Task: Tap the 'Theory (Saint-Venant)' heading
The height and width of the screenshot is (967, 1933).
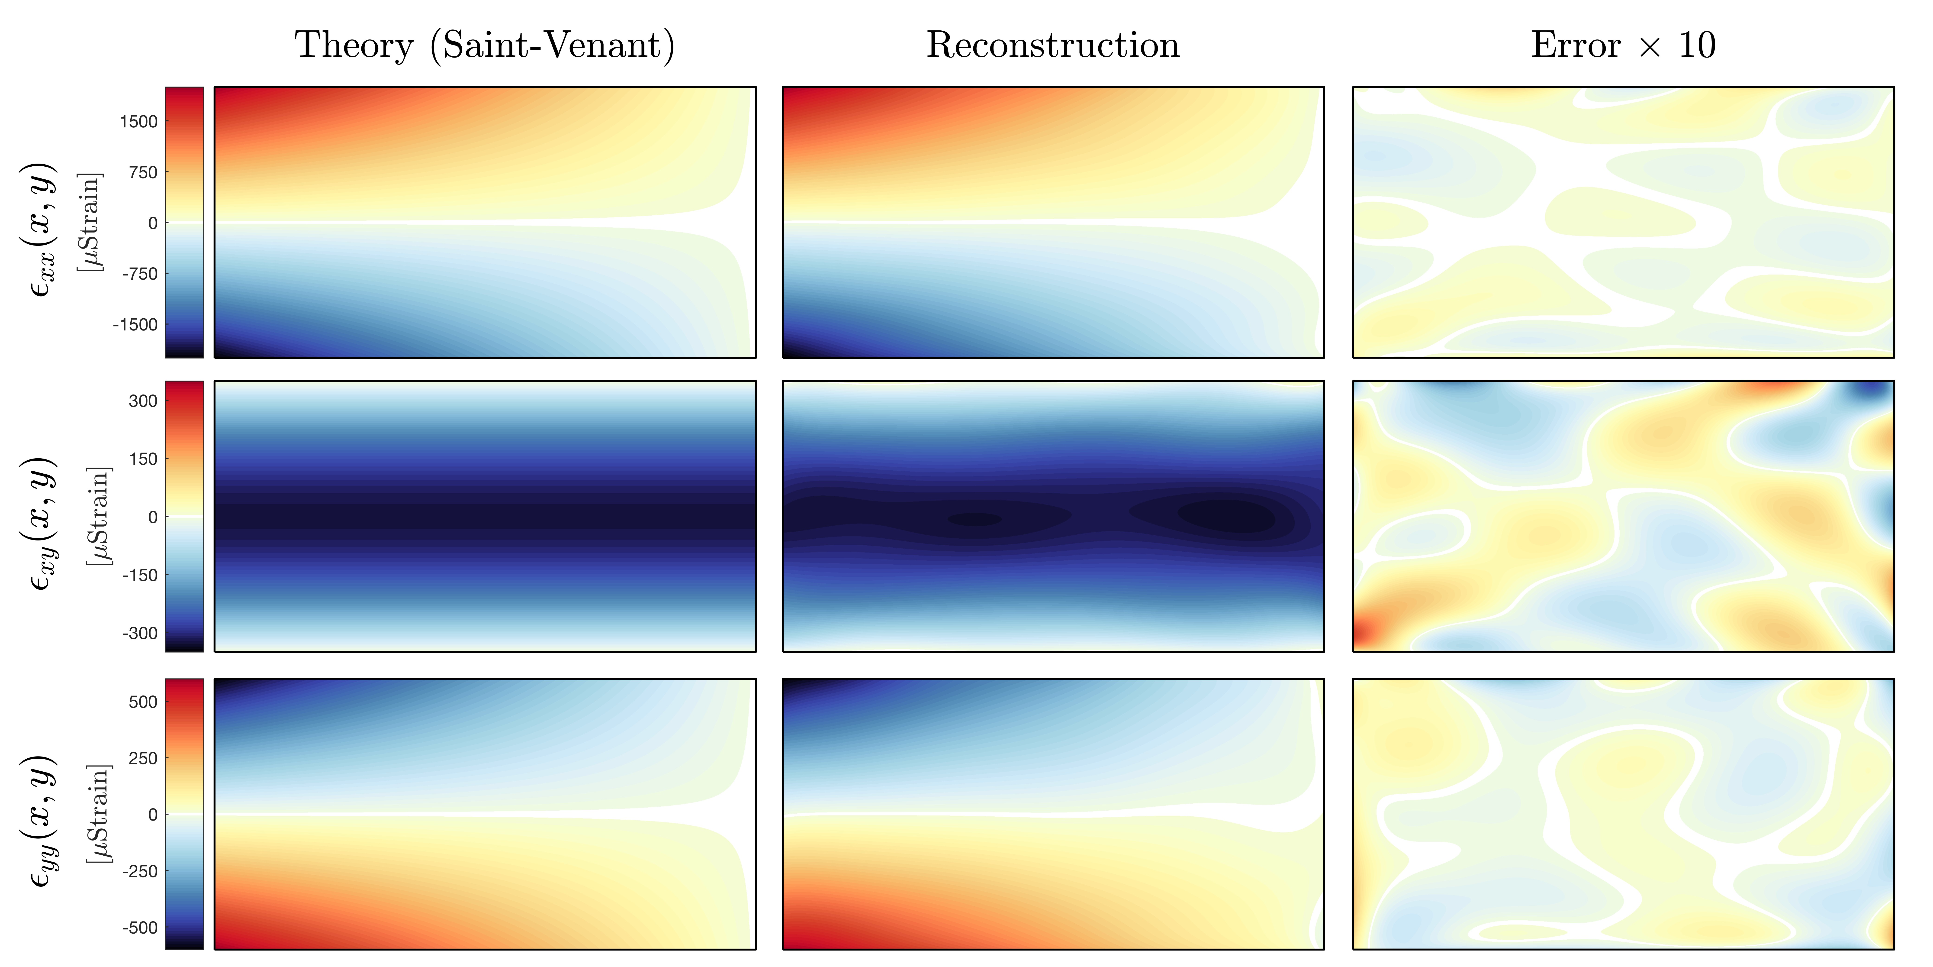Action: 484,45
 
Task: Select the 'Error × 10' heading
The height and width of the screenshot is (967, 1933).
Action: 1623,45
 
